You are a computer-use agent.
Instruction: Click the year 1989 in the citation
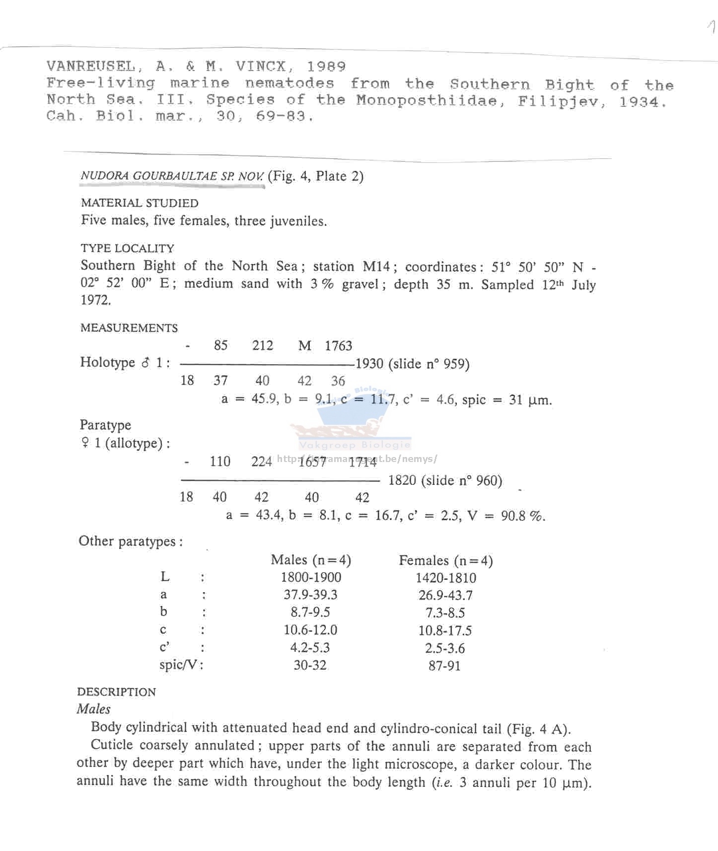coord(326,67)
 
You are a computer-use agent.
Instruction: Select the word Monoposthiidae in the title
coord(427,101)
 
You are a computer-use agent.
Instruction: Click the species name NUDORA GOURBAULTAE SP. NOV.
coord(172,176)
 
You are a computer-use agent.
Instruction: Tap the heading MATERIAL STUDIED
coord(140,203)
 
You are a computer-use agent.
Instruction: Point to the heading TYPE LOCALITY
coord(128,248)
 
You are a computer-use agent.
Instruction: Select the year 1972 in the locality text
coord(95,301)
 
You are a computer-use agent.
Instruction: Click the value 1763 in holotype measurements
coord(338,346)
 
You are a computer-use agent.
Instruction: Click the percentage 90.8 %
coord(522,516)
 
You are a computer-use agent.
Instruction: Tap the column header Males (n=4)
coord(311,560)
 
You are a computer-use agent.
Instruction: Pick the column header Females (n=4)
coord(445,561)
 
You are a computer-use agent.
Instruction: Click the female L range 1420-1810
coord(445,578)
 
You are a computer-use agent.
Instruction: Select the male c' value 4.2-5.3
coord(310,648)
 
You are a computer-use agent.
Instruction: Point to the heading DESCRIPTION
coord(116,692)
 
